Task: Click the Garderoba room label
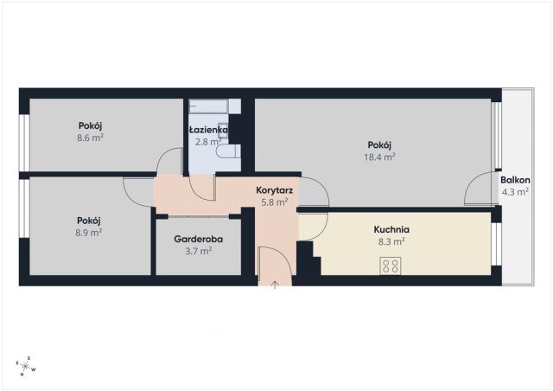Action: click(198, 239)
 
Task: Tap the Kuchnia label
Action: click(391, 229)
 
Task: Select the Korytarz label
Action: click(275, 190)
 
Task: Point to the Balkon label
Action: click(515, 180)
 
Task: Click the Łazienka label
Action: click(208, 130)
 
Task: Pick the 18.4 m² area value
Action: click(379, 157)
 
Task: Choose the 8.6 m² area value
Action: click(90, 138)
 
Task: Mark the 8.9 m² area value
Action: click(89, 233)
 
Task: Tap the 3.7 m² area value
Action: click(198, 251)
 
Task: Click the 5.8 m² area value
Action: click(275, 202)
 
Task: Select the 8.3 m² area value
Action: click(391, 241)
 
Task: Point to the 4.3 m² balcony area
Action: click(515, 192)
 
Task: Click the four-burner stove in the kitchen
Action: click(391, 266)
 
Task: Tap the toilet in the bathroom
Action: click(228, 151)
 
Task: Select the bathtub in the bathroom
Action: click(215, 106)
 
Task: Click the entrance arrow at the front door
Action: click(275, 285)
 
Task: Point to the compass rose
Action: click(26, 366)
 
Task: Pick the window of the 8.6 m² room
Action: click(24, 143)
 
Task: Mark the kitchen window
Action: click(496, 244)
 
